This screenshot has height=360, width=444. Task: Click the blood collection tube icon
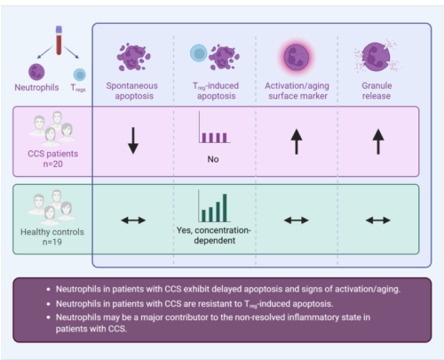pyautogui.click(x=59, y=40)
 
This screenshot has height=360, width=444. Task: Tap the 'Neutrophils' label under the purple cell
pyautogui.click(x=36, y=87)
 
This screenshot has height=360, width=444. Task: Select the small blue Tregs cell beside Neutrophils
pyautogui.click(x=80, y=75)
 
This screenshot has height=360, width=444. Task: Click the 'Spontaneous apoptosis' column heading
pyautogui.click(x=132, y=91)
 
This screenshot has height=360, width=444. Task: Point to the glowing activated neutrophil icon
pyautogui.click(x=297, y=57)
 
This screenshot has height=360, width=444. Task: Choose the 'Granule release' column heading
pyautogui.click(x=377, y=91)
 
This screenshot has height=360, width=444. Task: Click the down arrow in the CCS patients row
pyautogui.click(x=133, y=140)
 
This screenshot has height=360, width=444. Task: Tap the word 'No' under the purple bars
pyautogui.click(x=213, y=159)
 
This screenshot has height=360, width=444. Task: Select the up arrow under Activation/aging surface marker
pyautogui.click(x=297, y=142)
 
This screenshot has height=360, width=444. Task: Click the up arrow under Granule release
pyautogui.click(x=378, y=142)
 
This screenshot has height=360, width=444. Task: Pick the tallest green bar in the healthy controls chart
pyautogui.click(x=225, y=208)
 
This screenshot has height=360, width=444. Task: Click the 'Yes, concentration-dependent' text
pyautogui.click(x=214, y=236)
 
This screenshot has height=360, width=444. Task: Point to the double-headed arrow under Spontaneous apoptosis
pyautogui.click(x=133, y=220)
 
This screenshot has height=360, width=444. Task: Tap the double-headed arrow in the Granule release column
pyautogui.click(x=378, y=220)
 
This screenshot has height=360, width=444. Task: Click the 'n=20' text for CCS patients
pyautogui.click(x=53, y=164)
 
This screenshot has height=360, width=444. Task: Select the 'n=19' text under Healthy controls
pyautogui.click(x=52, y=242)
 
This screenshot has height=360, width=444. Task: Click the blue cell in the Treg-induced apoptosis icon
pyautogui.click(x=198, y=53)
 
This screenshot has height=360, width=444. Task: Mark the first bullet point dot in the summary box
pyautogui.click(x=49, y=289)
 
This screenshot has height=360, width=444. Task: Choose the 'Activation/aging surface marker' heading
pyautogui.click(x=297, y=91)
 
